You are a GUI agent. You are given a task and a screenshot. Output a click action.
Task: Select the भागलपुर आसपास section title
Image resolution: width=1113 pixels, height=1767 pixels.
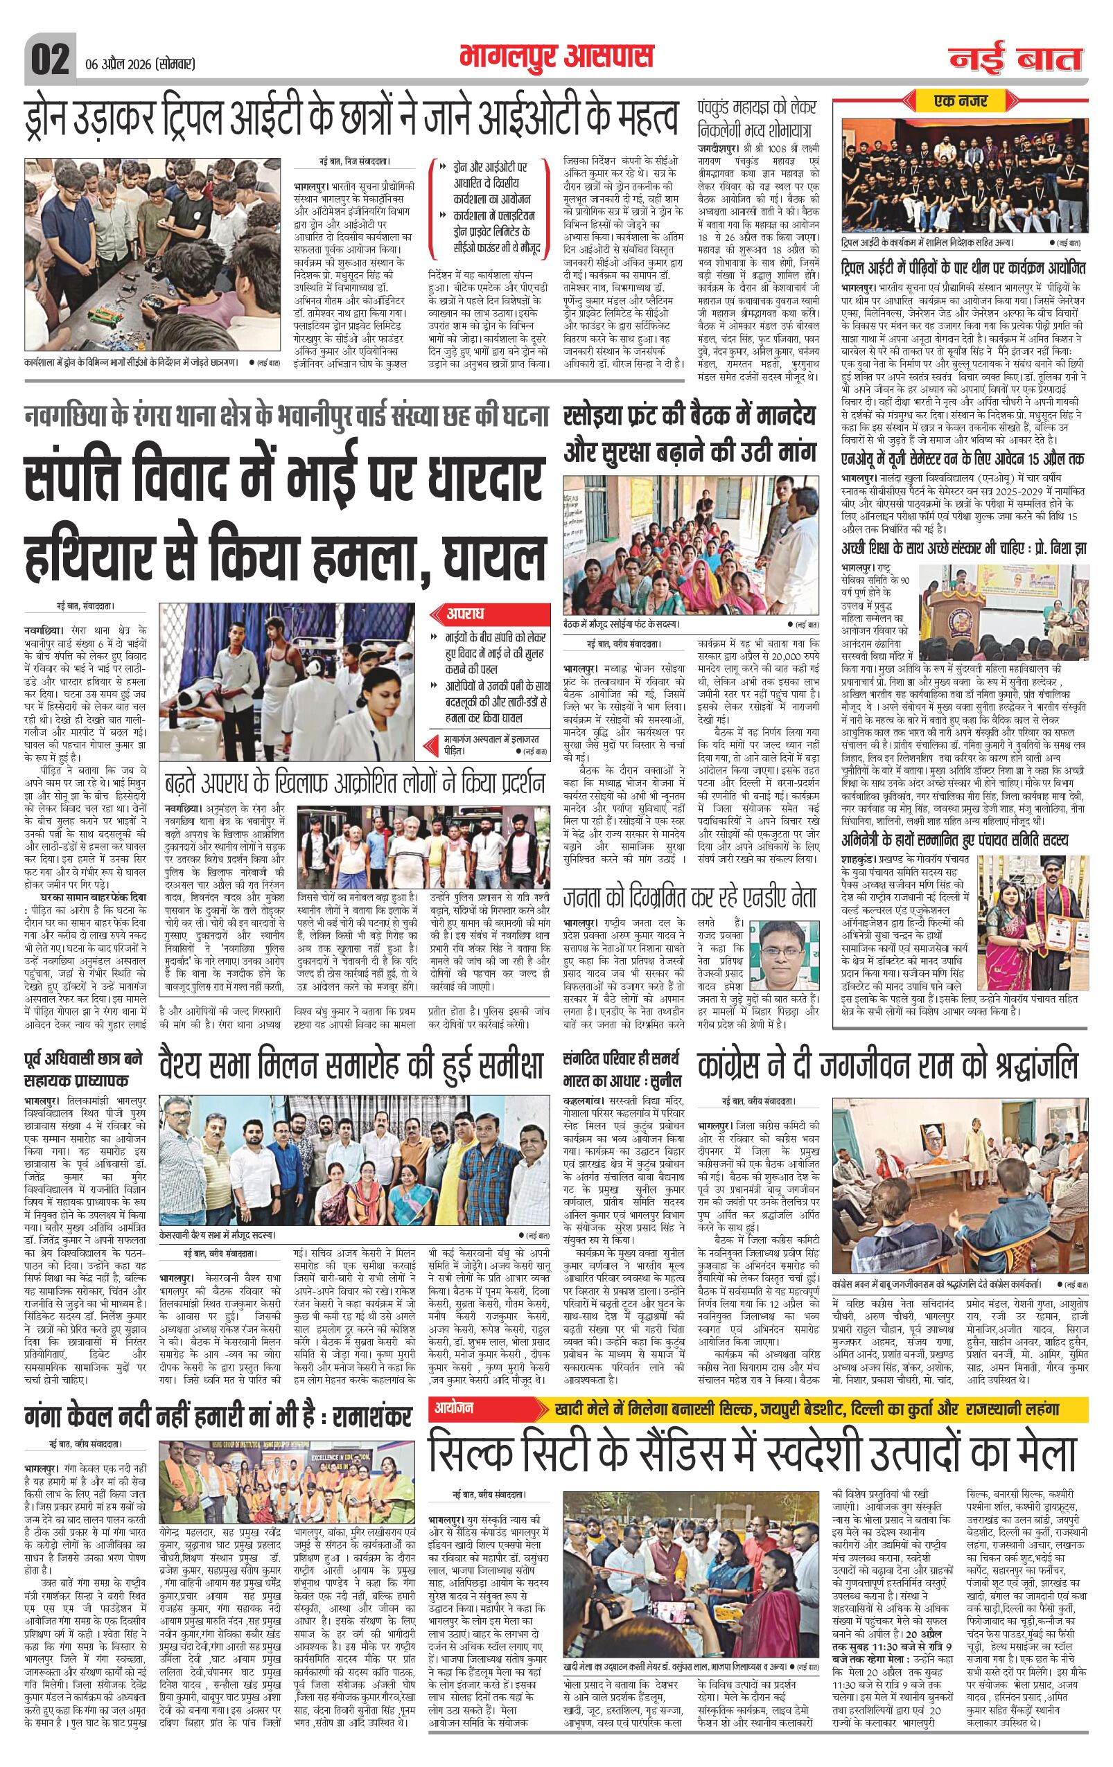556,57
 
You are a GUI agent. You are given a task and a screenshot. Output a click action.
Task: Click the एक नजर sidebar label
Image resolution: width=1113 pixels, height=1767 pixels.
964,100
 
